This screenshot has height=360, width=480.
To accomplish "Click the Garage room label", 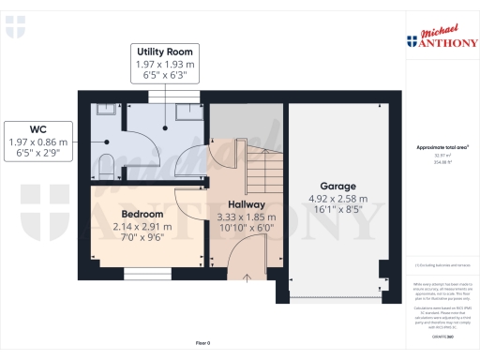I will tap(338, 186).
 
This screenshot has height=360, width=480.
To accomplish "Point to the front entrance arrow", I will tap(247, 275).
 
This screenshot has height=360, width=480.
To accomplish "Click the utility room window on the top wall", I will tap(173, 97).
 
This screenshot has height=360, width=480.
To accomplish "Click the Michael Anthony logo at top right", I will tap(441, 37).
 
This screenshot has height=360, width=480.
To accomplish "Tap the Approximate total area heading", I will tap(442, 148).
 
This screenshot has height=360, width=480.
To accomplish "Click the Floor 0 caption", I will tap(202, 344).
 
